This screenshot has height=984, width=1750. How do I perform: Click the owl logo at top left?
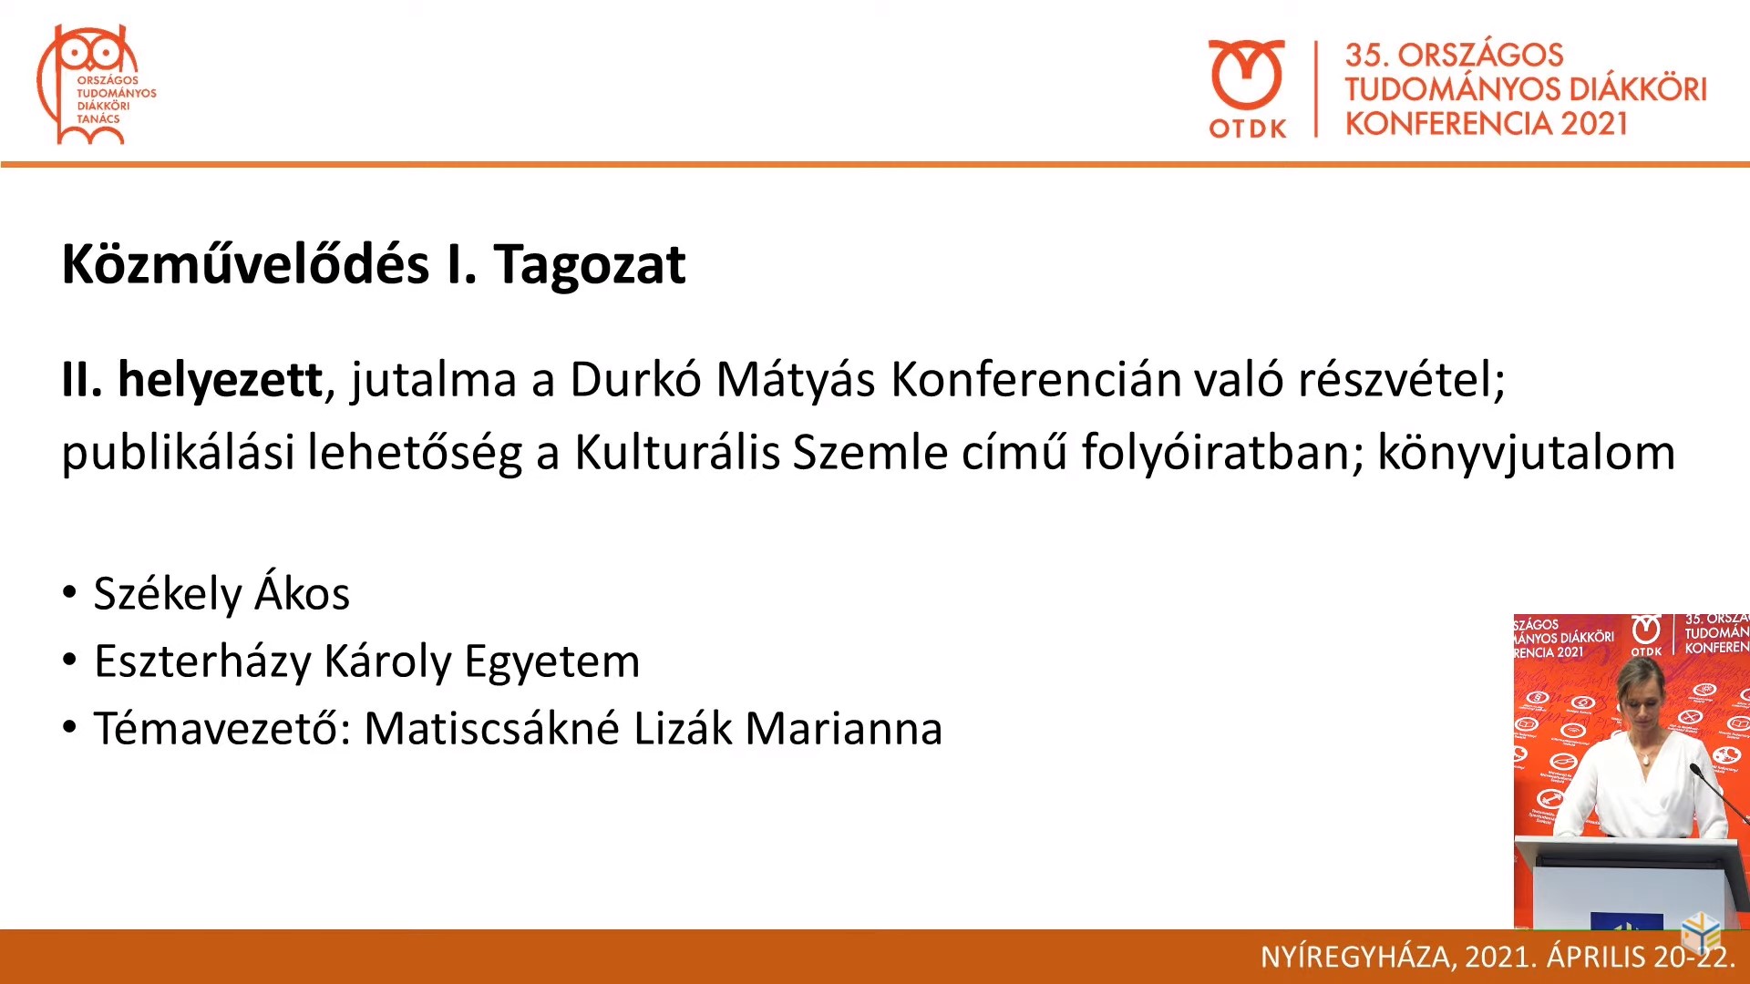point(96,85)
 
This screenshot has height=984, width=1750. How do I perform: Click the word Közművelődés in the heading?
point(245,265)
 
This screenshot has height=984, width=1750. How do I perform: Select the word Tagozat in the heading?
point(590,265)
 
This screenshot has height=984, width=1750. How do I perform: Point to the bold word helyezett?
point(220,379)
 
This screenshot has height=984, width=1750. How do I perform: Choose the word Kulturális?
point(677,452)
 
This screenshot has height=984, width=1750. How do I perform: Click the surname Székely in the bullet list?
point(168,595)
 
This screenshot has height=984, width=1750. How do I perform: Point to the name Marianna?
point(844,729)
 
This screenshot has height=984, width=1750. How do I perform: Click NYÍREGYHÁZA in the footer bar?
point(1357,957)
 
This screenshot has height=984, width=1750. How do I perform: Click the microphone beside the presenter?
point(1719,794)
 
